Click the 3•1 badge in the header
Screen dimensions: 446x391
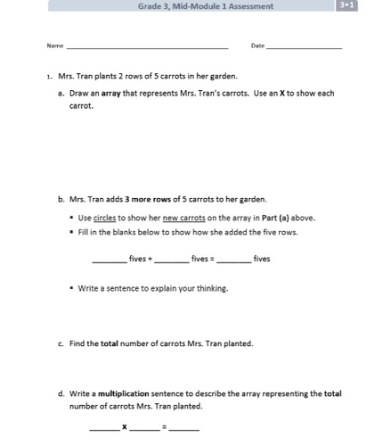tap(345, 6)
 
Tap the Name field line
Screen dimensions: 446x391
tap(147, 46)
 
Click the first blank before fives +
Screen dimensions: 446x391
tap(110, 260)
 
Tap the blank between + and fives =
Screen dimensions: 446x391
tap(172, 260)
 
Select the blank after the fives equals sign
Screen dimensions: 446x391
tap(233, 260)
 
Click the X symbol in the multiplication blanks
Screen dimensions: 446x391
tap(125, 427)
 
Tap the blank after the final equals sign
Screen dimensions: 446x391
tap(184, 428)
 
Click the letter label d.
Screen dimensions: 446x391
tap(61, 393)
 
